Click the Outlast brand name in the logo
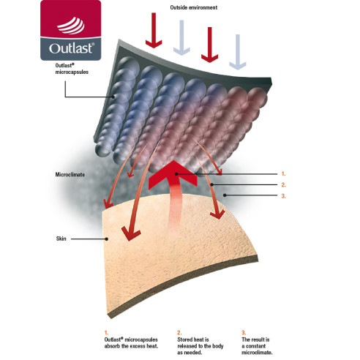(x=72, y=48)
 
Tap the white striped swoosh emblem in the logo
(x=71, y=26)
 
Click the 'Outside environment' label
(x=194, y=7)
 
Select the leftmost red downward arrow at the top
(x=154, y=31)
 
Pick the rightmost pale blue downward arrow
(x=238, y=52)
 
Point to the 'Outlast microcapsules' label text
(x=72, y=69)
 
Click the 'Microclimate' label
(x=70, y=175)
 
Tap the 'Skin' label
(x=61, y=239)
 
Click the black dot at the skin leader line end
(x=107, y=239)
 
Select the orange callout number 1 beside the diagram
(x=283, y=174)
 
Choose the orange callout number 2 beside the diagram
(x=283, y=185)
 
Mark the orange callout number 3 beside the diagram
(x=283, y=196)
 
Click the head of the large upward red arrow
(x=173, y=173)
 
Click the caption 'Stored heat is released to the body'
(x=200, y=346)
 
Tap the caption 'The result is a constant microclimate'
(x=257, y=346)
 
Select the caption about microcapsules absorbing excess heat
(x=131, y=342)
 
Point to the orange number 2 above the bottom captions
(x=179, y=332)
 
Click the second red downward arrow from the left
(x=209, y=45)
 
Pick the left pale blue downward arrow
(x=181, y=38)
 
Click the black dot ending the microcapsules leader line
(x=113, y=97)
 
